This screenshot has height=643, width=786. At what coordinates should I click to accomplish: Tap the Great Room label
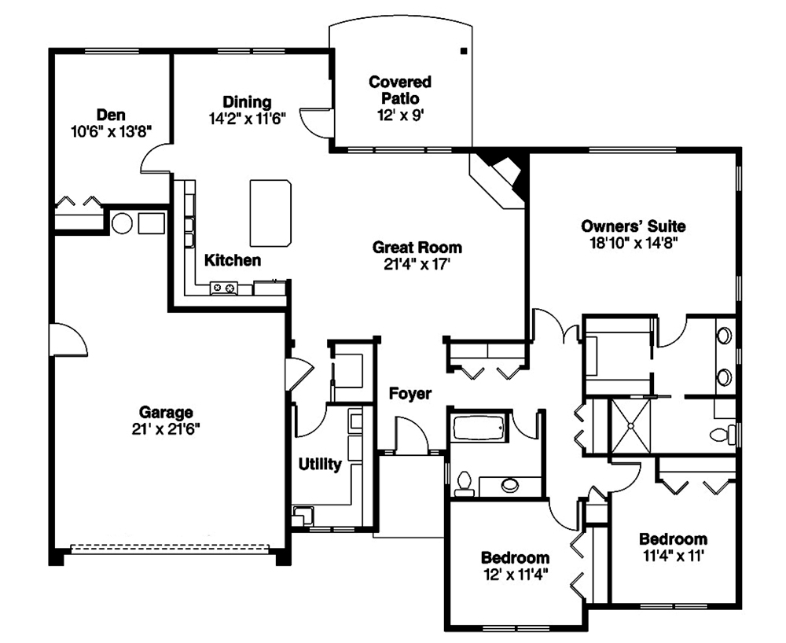(417, 248)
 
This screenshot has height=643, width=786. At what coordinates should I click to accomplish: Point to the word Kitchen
(233, 260)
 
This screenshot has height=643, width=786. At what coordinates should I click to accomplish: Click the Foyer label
(410, 394)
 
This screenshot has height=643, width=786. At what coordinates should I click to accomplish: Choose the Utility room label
(320, 465)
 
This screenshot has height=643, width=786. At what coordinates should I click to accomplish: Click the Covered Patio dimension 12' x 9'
(400, 114)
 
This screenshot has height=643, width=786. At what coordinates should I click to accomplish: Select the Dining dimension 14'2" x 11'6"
(247, 119)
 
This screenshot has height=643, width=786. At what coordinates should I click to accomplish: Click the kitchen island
(270, 211)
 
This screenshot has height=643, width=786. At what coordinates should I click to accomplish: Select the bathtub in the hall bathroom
(479, 430)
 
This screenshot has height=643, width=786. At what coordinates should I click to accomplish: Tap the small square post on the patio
(463, 50)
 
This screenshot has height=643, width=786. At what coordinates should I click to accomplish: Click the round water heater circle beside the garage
(121, 223)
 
